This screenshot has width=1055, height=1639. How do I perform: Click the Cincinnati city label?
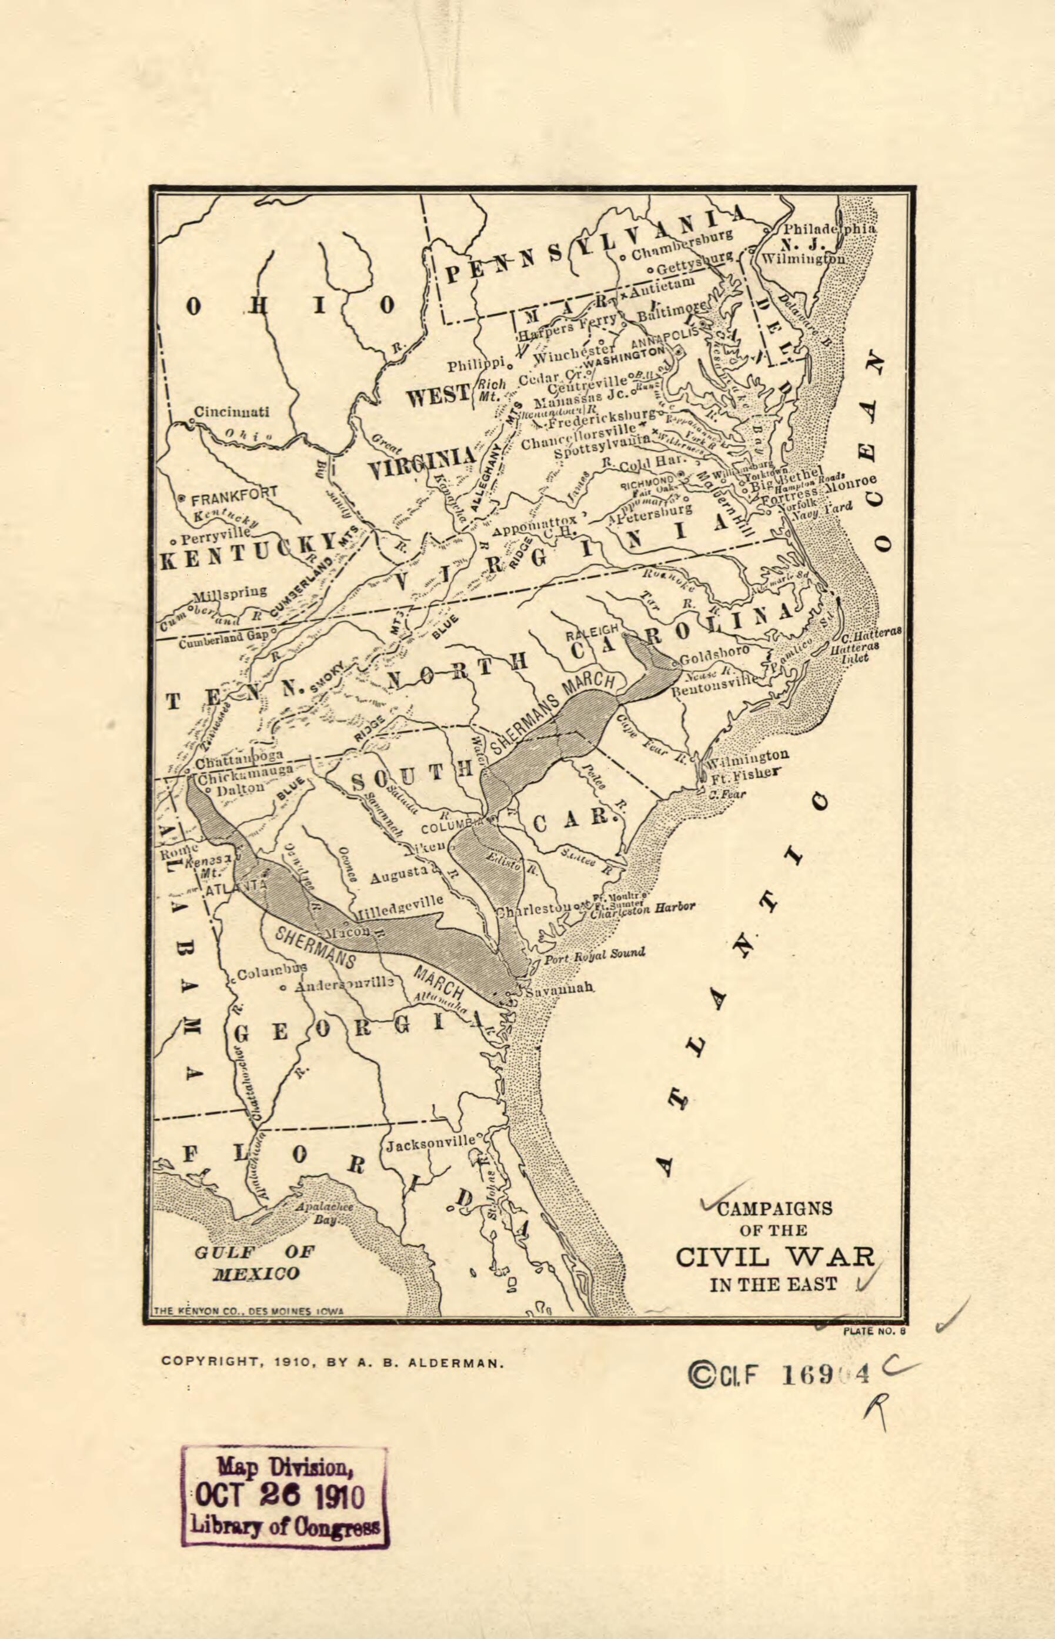pyautogui.click(x=231, y=412)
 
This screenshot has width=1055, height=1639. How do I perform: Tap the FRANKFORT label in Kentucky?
pyautogui.click(x=233, y=494)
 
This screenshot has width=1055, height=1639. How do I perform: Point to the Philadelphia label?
pyautogui.click(x=829, y=229)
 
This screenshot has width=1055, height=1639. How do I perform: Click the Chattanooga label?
pyautogui.click(x=239, y=761)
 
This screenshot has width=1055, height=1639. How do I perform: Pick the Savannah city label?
pyautogui.click(x=560, y=990)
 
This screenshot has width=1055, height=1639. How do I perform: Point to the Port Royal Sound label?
pyautogui.click(x=594, y=955)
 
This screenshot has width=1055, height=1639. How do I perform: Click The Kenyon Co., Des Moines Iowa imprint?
pyautogui.click(x=249, y=1310)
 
